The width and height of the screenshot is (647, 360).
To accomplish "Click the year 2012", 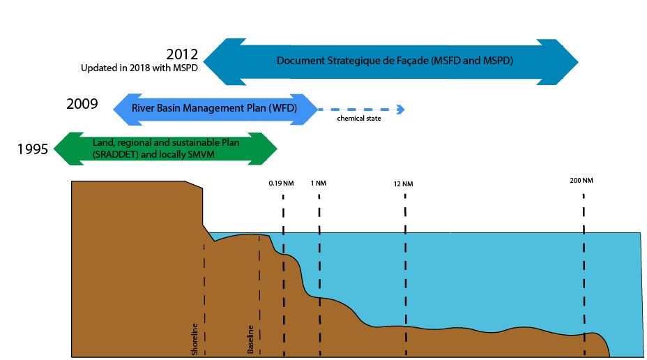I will click(182, 54).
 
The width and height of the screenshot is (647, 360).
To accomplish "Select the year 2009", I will click(82, 105).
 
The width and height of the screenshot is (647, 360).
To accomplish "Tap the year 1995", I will click(33, 148).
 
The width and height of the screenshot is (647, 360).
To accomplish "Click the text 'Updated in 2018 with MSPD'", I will click(139, 68).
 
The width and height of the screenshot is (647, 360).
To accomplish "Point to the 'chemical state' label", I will click(359, 119).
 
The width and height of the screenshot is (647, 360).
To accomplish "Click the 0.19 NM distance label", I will click(282, 183).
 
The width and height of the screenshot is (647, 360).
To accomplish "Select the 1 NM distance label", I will click(319, 183).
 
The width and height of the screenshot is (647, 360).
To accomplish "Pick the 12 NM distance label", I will click(403, 184).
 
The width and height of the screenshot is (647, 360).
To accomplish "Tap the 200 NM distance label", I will click(581, 181).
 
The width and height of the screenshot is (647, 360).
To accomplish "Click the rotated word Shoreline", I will click(195, 340).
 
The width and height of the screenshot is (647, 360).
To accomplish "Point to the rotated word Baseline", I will click(250, 340).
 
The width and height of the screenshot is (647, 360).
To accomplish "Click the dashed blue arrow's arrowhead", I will click(401, 109).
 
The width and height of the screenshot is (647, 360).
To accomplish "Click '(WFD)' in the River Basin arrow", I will click(284, 108).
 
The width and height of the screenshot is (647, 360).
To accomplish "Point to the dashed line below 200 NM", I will click(584, 265).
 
